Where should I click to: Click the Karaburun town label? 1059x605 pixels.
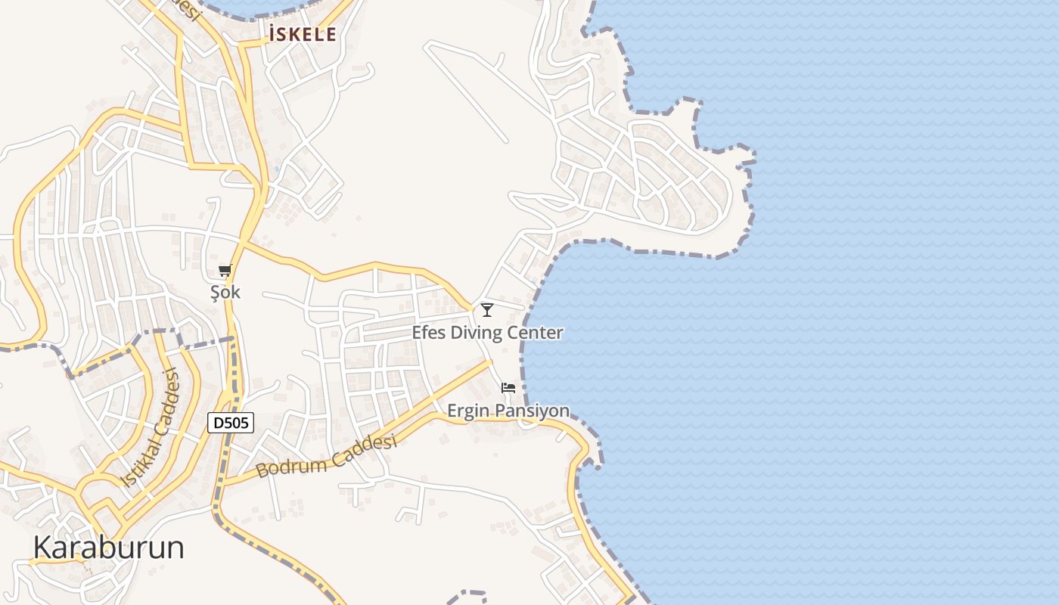[x=109, y=548]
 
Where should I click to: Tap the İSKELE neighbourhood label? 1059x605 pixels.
[x=302, y=34]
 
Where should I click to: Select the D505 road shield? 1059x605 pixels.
[x=231, y=423]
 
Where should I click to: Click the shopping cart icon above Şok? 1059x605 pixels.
[x=225, y=271]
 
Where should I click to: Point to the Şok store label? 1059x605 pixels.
[x=225, y=292]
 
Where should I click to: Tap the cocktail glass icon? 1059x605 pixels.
[x=487, y=309]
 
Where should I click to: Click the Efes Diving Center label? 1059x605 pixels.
[x=487, y=333]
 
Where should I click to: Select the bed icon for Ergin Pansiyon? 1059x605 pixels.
[x=508, y=388]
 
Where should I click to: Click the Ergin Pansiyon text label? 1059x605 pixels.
[x=508, y=411]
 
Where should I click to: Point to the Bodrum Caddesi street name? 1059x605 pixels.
[x=326, y=456]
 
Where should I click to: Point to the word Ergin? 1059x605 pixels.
[x=469, y=411]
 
